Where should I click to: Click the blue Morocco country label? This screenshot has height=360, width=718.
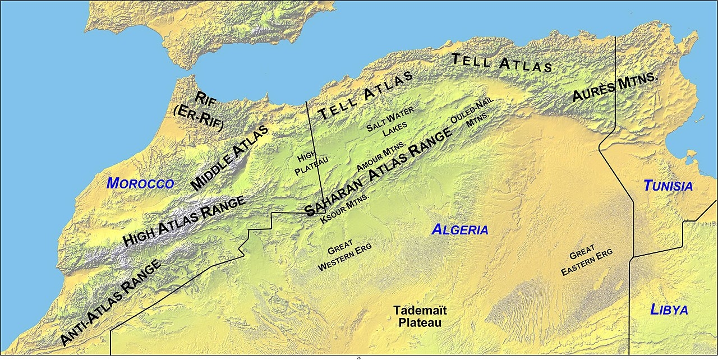[x=140, y=183]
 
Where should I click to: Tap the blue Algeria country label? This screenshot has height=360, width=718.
[x=460, y=229]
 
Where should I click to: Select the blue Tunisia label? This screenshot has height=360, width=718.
[x=668, y=186]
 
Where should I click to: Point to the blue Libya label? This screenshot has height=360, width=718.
[x=669, y=310]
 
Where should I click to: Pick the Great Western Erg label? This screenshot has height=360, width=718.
[x=344, y=257]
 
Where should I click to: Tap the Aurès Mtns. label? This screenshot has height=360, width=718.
[x=614, y=87]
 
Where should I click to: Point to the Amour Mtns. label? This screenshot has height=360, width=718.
[x=381, y=158]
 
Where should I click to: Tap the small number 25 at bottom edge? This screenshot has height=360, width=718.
[x=359, y=357]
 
